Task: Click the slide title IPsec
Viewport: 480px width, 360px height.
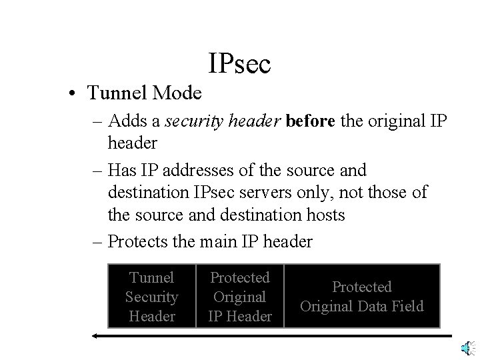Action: tap(239, 64)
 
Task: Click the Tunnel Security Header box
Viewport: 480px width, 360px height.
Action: tap(151, 296)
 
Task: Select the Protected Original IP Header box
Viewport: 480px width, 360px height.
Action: tap(240, 296)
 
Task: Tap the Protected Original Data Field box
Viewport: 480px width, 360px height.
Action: tap(362, 296)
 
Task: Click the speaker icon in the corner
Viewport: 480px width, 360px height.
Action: tap(468, 347)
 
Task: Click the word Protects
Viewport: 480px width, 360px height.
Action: tap(138, 241)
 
